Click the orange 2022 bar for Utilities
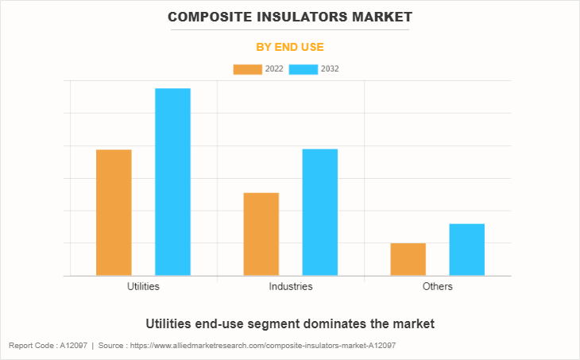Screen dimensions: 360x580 click(114, 212)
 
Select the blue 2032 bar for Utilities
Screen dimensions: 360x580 click(172, 182)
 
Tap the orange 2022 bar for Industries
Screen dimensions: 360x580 click(261, 234)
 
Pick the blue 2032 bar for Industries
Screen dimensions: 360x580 click(319, 212)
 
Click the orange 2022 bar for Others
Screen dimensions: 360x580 click(408, 259)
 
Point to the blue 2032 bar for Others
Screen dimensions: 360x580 click(466, 250)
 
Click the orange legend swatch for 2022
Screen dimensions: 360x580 click(247, 69)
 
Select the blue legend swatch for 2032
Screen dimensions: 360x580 click(304, 69)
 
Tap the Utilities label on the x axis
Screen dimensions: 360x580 click(143, 286)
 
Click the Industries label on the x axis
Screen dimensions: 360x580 click(290, 286)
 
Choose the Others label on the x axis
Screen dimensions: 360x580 click(437, 286)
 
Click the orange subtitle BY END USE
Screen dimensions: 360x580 click(290, 47)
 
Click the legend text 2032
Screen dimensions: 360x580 click(330, 69)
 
